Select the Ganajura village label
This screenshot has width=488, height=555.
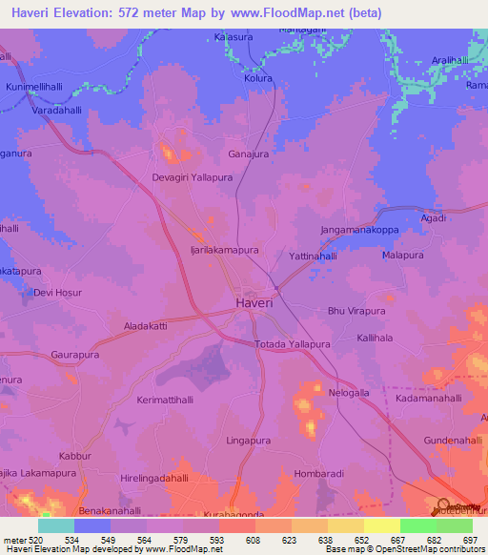click(250, 153)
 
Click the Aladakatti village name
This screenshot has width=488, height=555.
click(146, 326)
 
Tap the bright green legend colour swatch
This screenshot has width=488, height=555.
click(417, 525)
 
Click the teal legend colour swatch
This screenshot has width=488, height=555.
click(56, 525)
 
